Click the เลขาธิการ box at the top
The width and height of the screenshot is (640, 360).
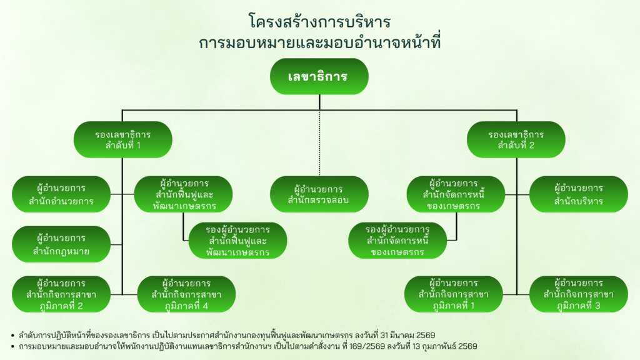[x=319, y=76]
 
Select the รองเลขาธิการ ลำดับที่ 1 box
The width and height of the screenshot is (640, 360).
[x=123, y=139]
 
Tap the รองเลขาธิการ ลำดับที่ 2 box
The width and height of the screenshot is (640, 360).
[x=516, y=139]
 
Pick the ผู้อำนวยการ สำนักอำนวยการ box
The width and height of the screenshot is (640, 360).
[x=61, y=194]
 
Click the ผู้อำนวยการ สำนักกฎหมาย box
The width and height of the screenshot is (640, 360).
[x=61, y=244]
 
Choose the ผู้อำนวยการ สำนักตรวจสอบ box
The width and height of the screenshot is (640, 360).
[x=319, y=194]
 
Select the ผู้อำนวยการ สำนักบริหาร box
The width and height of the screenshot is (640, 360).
[x=578, y=194]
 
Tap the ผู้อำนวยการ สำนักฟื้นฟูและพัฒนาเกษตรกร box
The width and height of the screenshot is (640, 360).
[x=183, y=194]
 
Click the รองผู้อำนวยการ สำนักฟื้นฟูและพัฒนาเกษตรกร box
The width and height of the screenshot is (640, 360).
[x=237, y=241]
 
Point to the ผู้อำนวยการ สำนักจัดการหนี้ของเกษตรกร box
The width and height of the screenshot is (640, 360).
[x=456, y=194]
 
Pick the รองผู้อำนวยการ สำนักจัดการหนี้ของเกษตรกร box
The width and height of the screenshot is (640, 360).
[x=397, y=241]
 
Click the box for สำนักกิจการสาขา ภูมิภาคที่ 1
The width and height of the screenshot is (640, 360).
[x=454, y=294]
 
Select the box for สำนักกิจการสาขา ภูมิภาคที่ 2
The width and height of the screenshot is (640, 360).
[x=61, y=294]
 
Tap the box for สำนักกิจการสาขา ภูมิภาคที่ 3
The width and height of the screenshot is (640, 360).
[x=578, y=294]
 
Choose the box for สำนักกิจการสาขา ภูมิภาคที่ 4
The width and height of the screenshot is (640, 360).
[x=186, y=294]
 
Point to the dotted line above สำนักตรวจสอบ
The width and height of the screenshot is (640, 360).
[x=319, y=143]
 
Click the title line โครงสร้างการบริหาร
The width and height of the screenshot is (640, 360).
[x=319, y=22]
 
